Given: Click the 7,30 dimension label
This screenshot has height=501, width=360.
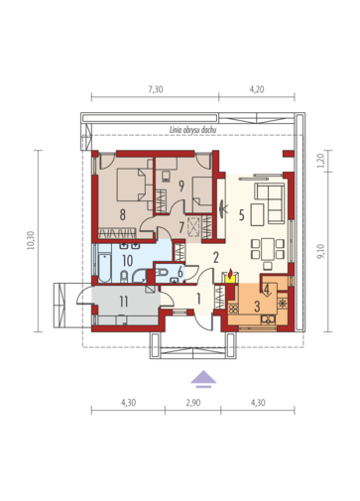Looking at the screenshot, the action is (155, 89).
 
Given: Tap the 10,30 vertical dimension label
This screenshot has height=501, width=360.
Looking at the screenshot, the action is (31, 240).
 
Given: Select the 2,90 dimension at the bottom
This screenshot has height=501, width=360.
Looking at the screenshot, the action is (193, 403).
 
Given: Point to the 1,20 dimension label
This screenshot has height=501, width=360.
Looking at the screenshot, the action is (321, 161).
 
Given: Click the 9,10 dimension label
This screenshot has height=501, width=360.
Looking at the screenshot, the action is (321, 251).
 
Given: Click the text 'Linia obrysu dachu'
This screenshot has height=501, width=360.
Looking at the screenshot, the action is (193, 130).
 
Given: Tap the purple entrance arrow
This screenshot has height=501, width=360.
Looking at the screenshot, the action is (203, 378).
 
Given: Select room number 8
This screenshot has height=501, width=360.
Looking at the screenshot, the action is (123, 215).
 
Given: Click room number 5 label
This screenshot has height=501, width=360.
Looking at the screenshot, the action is (242, 215).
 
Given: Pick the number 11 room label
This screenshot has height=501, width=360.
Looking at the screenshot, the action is (124, 302).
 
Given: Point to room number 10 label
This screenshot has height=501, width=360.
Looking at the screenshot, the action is (128, 261).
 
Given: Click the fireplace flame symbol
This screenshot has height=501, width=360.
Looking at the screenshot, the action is (230, 274).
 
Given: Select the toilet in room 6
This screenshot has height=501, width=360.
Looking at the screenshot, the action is (161, 272).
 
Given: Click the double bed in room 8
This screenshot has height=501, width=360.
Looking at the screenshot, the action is (131, 185).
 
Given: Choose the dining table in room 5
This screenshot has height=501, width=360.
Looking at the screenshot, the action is (268, 249).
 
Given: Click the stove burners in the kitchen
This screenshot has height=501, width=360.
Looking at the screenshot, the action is (233, 309).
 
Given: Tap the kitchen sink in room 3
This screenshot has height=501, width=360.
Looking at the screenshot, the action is (268, 319).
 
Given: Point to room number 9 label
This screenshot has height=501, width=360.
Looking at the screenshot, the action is (181, 186).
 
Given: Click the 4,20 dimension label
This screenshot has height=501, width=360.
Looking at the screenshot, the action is (257, 89).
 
